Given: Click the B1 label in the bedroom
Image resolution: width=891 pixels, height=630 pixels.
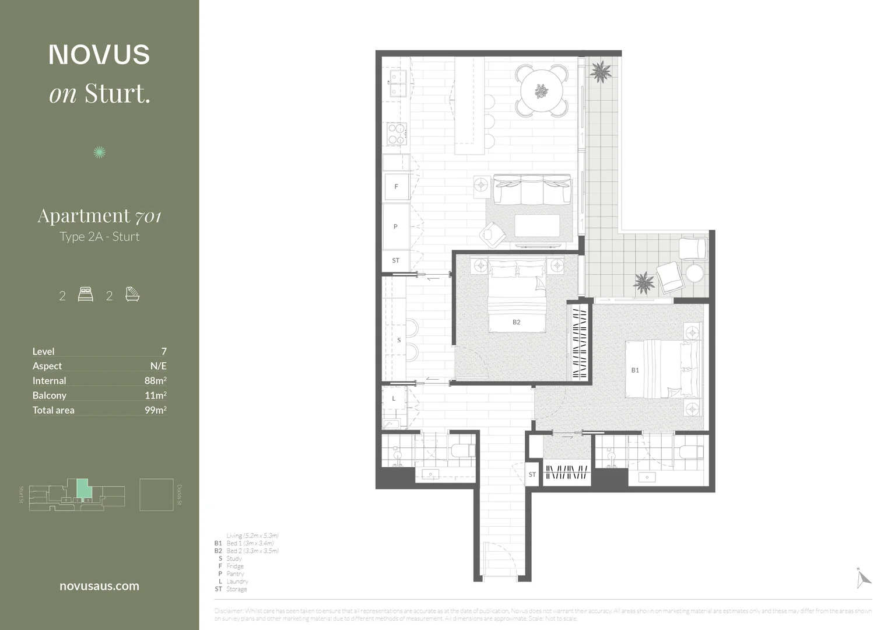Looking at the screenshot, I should [635, 370].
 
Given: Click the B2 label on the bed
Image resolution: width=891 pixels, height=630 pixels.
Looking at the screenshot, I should [516, 322].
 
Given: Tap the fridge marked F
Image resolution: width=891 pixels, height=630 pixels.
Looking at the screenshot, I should [396, 187].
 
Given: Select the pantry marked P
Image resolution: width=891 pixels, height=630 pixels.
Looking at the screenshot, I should [395, 226].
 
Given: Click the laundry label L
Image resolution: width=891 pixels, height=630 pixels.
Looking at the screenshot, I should [394, 398].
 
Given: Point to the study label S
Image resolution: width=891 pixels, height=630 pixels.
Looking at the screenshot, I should [399, 340].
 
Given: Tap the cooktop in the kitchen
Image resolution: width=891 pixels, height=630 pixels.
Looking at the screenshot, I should [397, 134].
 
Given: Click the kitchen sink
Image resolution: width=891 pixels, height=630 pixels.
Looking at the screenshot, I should [398, 83].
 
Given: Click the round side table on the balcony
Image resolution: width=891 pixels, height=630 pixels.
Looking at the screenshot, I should [694, 273].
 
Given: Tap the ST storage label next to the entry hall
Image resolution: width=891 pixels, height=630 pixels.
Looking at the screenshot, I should [532, 475].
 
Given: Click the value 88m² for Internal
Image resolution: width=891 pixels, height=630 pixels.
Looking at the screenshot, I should [155, 380].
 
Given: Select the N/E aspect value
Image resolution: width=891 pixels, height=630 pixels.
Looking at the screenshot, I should [158, 366].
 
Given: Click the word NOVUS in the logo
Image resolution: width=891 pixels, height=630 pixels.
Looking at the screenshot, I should [99, 55].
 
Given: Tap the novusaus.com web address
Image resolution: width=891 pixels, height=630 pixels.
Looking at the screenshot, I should [99, 586].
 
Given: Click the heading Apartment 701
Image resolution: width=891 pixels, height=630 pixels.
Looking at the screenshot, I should [99, 216].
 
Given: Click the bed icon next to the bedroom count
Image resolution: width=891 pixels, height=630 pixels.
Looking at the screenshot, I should [85, 295].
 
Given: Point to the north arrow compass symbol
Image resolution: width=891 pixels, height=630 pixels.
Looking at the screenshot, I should [864, 577].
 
